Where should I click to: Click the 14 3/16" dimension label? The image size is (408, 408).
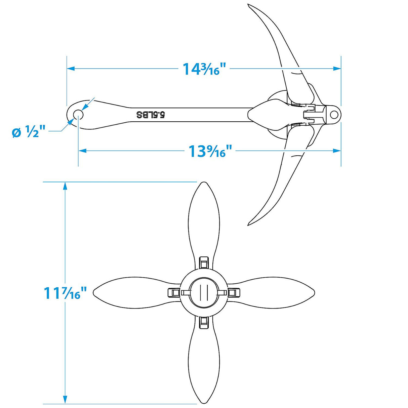pyautogui.click(x=201, y=69)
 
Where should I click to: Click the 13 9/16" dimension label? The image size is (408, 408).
pyautogui.click(x=210, y=151)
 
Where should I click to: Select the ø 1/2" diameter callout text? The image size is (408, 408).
pyautogui.click(x=29, y=132)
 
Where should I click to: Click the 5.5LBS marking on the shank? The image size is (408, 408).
pyautogui.click(x=151, y=115)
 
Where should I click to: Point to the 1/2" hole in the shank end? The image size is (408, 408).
pyautogui.click(x=78, y=114)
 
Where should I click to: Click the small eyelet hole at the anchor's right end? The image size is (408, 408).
pyautogui.click(x=334, y=115)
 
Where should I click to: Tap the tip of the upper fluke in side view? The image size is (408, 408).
pyautogui.click(x=249, y=5)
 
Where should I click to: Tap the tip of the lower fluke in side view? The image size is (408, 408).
pyautogui.click(x=249, y=223)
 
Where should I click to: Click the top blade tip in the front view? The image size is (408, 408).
pyautogui.click(x=203, y=183)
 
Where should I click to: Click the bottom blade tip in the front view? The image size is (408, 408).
pyautogui.click(x=203, y=402)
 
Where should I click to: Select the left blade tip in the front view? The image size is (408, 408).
pyautogui.click(x=94, y=292)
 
